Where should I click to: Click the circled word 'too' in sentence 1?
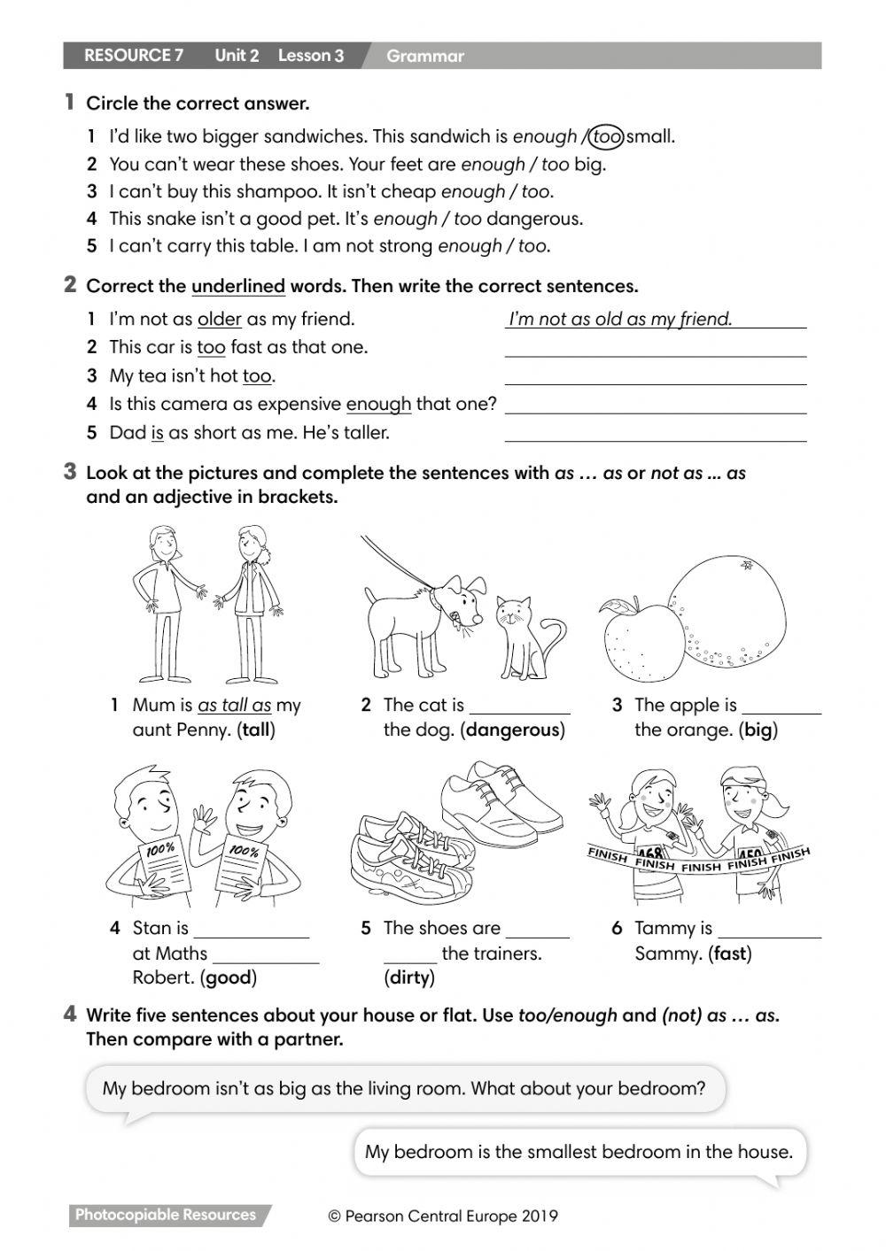point(606,136)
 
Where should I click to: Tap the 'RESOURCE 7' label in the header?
point(134,56)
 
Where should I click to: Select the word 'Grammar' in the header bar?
point(424,57)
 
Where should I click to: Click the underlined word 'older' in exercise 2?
point(219,319)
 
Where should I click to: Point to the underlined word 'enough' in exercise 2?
point(378,405)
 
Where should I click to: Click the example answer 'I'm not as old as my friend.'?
point(620,319)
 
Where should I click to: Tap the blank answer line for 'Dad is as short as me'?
point(655,433)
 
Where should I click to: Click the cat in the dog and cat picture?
point(525,634)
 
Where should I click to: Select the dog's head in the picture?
point(463,601)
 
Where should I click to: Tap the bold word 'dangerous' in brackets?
point(512,730)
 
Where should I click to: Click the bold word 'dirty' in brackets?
point(408,978)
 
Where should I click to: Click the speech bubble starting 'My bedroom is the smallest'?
point(579,1152)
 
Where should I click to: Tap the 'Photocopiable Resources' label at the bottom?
point(166,1216)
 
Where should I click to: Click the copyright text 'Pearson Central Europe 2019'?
point(443,1216)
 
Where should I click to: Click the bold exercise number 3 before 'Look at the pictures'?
point(70,471)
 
